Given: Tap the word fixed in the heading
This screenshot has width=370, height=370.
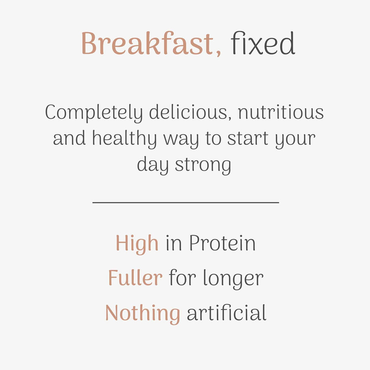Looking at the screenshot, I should click(263, 44).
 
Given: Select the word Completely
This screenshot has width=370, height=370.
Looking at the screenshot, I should click(94, 113).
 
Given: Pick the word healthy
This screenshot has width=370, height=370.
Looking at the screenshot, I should click(124, 139).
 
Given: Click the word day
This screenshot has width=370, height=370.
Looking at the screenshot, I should click(153, 165).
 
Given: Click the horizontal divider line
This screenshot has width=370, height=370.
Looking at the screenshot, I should click(185, 202).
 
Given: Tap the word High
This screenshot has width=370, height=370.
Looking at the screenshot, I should click(137, 243).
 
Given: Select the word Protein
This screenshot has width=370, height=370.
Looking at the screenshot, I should click(222, 243).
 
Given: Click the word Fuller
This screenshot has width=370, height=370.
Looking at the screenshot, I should click(135, 278).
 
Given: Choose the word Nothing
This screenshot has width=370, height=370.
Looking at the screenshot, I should click(142, 313).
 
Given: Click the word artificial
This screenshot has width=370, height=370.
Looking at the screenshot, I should click(227, 313).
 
